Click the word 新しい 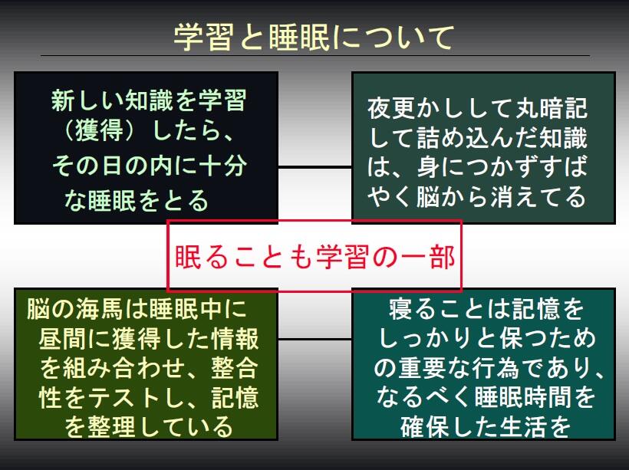point(85,100)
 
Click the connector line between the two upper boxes point(314,165)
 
